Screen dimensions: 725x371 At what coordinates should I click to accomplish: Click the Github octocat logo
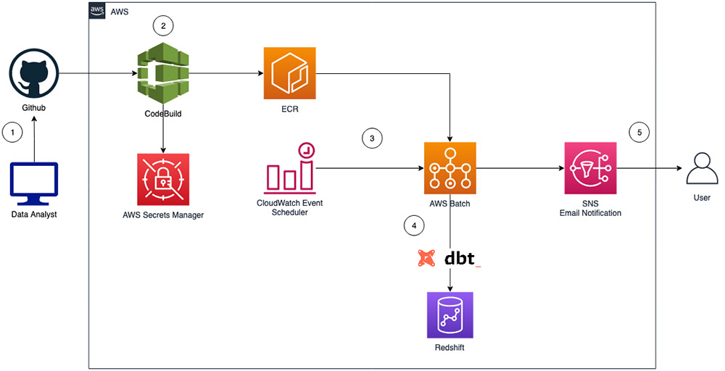click(x=34, y=73)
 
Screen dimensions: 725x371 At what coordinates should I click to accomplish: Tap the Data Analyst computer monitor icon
click(x=34, y=184)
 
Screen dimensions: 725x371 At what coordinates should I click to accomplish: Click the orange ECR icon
click(x=290, y=73)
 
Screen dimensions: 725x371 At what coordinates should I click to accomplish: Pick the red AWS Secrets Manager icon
click(x=163, y=179)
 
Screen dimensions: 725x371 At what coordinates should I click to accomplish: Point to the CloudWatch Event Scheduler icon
click(x=290, y=169)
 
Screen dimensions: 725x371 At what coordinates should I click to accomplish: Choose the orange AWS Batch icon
click(x=450, y=168)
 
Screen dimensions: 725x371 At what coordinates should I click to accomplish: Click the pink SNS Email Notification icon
click(x=590, y=168)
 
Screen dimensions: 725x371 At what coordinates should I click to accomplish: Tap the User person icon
click(x=702, y=169)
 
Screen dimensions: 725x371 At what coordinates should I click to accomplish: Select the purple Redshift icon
click(x=450, y=315)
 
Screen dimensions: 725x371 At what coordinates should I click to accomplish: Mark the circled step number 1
click(x=12, y=133)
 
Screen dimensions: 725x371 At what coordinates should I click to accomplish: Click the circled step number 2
click(x=163, y=26)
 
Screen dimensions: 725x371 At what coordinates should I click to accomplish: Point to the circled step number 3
click(x=372, y=138)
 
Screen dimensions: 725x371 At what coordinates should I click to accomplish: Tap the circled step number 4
click(x=414, y=226)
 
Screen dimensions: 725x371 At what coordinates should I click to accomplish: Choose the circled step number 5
click(x=639, y=133)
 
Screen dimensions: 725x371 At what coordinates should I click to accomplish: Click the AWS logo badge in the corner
click(x=98, y=11)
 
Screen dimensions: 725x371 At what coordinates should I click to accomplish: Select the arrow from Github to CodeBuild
click(x=99, y=73)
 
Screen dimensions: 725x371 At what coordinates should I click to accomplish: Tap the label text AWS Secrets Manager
click(x=163, y=214)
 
